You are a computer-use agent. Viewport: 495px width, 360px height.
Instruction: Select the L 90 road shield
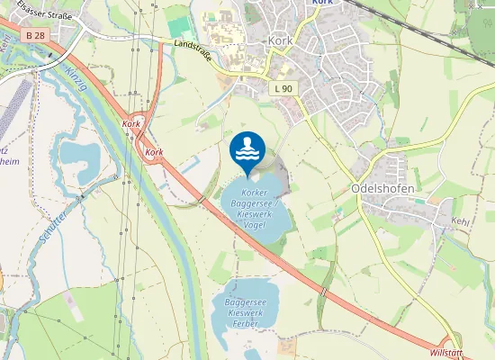click(283, 88)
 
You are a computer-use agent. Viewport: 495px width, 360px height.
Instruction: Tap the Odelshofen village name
click(380, 190)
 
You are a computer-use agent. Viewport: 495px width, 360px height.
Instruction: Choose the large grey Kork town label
click(280, 40)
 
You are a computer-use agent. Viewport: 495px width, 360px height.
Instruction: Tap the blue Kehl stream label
click(461, 220)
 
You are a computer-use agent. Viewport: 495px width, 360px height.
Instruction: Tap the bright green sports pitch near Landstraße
click(180, 26)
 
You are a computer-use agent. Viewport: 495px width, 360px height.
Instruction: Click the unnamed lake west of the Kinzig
click(82, 155)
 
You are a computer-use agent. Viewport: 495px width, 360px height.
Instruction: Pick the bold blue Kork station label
click(322, 3)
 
